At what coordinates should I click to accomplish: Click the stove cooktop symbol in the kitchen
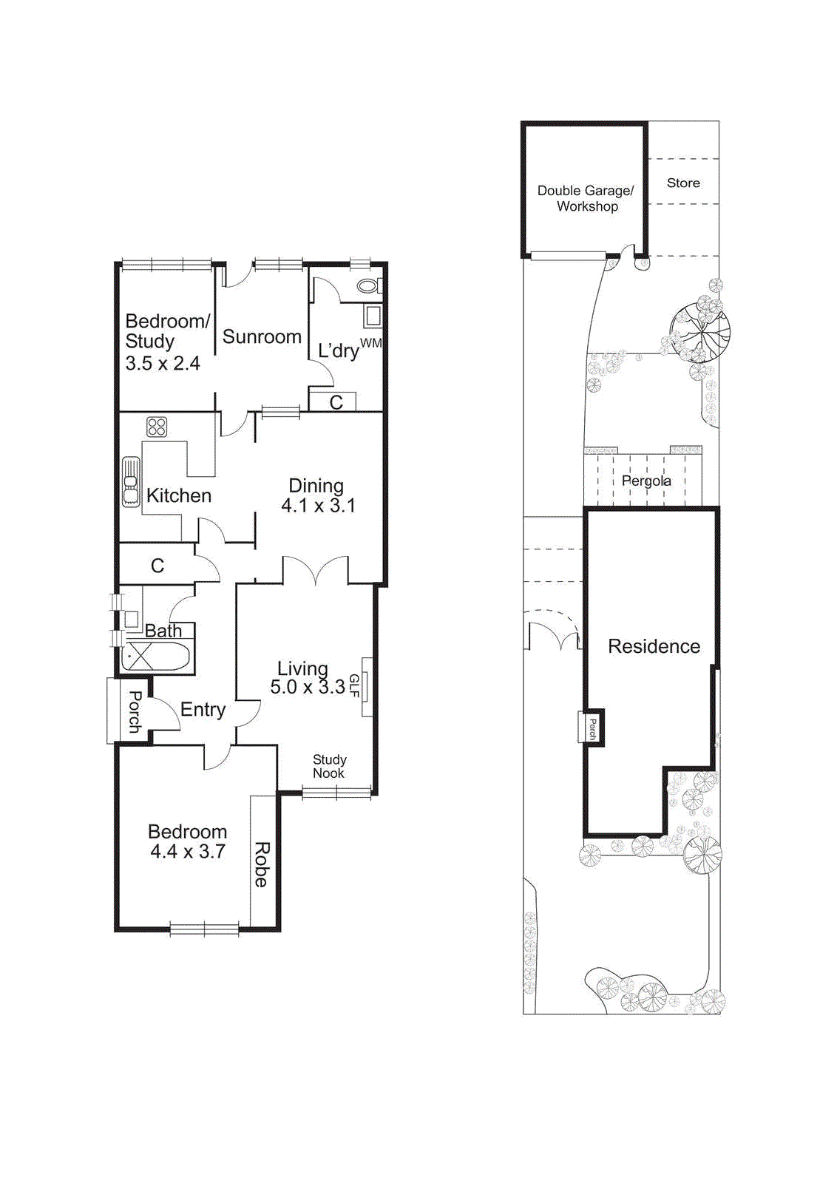tap(157, 427)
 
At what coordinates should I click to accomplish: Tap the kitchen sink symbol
tap(131, 482)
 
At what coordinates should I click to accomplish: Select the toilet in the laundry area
tap(367, 286)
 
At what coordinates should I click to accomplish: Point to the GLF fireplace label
tap(354, 685)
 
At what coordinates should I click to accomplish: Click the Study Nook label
tap(329, 766)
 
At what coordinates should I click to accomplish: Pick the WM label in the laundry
tap(371, 343)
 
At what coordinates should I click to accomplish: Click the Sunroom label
tap(262, 337)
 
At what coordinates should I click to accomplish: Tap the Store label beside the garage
tap(683, 183)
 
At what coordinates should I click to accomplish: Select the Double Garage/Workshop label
tap(586, 198)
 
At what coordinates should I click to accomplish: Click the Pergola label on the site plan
tap(646, 481)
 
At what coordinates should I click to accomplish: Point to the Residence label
tap(654, 646)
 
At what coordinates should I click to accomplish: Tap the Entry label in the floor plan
tap(203, 710)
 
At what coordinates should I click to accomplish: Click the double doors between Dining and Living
tap(316, 571)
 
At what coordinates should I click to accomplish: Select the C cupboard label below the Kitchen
tap(157, 566)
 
